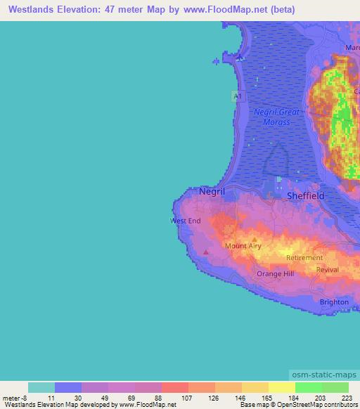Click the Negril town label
(x=212, y=190)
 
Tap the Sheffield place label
(x=306, y=196)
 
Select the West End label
(x=186, y=221)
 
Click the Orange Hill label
(x=275, y=273)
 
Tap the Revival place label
(x=328, y=269)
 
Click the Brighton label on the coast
(x=334, y=302)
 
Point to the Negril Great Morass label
(x=276, y=117)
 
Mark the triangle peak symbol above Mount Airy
(x=255, y=239)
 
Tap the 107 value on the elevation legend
(x=188, y=398)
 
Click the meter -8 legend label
(x=15, y=398)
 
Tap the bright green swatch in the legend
(x=308, y=387)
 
